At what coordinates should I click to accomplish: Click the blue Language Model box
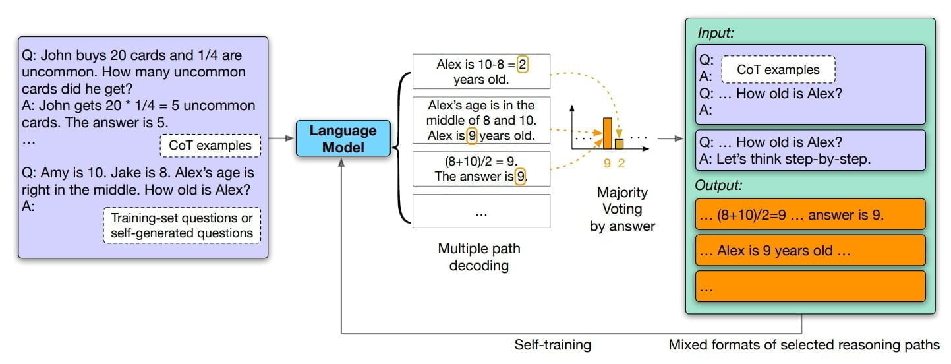[342, 138]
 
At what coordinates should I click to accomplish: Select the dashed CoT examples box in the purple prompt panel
[210, 146]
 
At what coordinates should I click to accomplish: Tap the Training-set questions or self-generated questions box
[182, 225]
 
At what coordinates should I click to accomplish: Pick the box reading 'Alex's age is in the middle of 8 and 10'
[480, 121]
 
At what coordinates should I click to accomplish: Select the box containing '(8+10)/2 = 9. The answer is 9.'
[480, 168]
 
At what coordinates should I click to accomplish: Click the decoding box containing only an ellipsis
[480, 211]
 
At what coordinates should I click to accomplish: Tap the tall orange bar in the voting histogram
[608, 134]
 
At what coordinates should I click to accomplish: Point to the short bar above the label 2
[619, 144]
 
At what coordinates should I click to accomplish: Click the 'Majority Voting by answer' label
[622, 209]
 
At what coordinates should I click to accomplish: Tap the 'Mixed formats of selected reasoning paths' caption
[803, 344]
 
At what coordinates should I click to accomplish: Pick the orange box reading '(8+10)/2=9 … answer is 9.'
[811, 214]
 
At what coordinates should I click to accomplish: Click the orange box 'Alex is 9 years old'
[811, 251]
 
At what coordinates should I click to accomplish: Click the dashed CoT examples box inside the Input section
[778, 69]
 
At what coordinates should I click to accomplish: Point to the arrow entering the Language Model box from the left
[282, 138]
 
